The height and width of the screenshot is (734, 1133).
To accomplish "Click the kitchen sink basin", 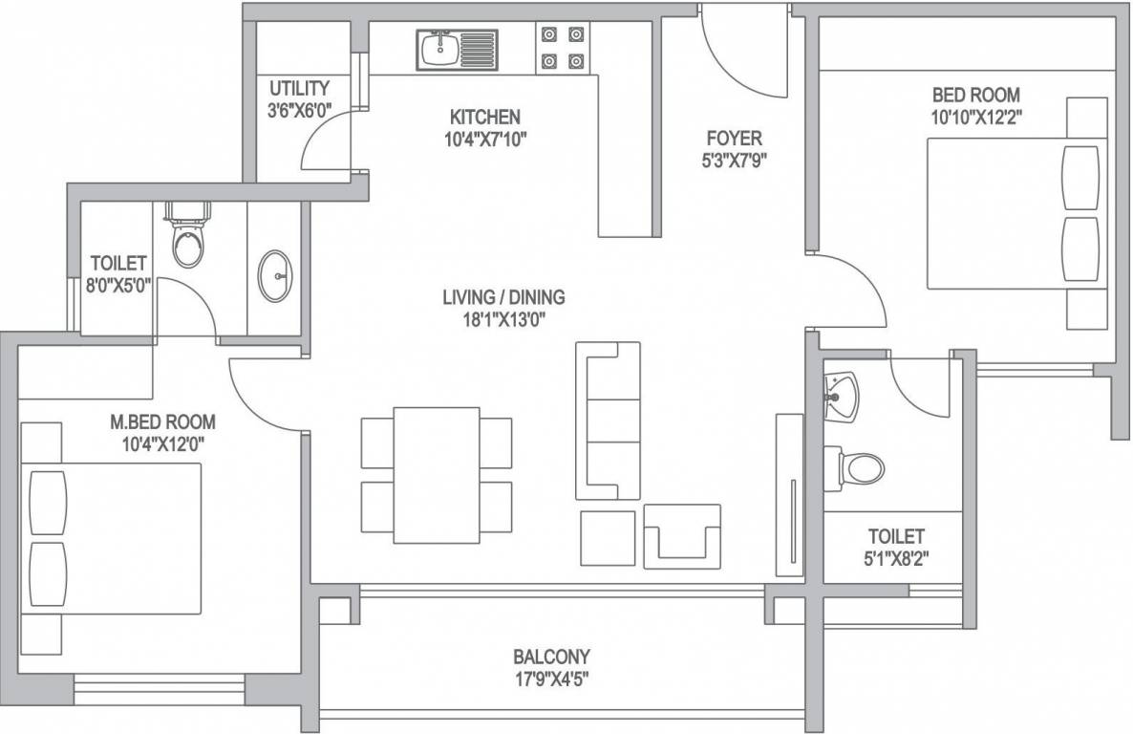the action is coord(438,50).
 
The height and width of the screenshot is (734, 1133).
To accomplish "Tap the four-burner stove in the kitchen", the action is coord(562,48).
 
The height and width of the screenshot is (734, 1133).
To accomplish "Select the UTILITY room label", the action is coord(299,88).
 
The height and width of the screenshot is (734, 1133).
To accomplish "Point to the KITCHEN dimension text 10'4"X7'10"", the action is coord(485,139).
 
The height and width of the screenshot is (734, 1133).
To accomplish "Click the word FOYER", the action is coord(734,139).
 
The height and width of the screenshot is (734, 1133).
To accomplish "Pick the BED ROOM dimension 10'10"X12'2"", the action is coord(976,118).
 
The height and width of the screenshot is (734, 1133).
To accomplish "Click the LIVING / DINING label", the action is coord(503,296).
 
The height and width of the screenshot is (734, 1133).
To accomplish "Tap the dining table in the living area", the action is coord(437,475).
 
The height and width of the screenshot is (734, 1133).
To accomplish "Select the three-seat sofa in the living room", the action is coord(608,421).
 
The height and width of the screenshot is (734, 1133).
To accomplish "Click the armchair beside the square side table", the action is coord(682,535).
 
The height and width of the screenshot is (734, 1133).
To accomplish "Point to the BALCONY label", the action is coord(551,657).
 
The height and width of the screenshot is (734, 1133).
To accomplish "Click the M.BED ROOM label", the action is coord(162,421).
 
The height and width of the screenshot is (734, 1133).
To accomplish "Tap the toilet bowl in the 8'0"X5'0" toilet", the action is coord(190,238).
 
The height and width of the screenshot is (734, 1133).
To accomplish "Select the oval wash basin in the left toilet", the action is coord(275,275).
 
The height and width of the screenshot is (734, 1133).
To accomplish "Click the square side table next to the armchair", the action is coord(608,538).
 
